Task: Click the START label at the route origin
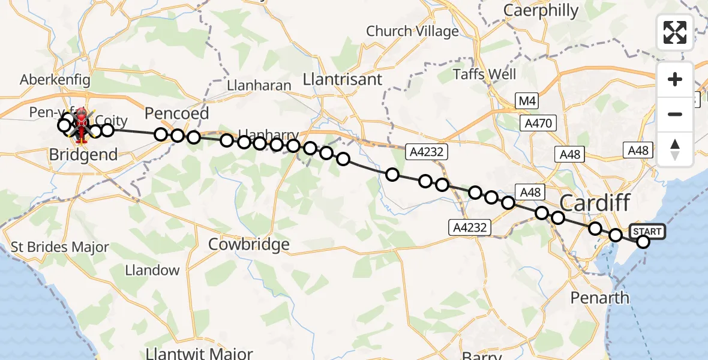click(x=647, y=232)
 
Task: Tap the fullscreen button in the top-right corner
click(x=675, y=32)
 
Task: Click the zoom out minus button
click(x=675, y=114)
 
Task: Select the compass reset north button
click(x=675, y=149)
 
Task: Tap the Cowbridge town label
click(x=248, y=244)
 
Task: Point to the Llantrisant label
click(x=343, y=79)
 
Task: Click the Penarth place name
click(x=600, y=298)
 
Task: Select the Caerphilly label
click(x=541, y=11)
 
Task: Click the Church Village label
click(x=412, y=31)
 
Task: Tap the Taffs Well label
click(x=484, y=74)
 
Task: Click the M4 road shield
click(x=526, y=101)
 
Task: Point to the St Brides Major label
click(x=60, y=247)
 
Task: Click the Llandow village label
click(x=152, y=270)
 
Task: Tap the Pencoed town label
click(x=177, y=113)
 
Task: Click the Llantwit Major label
click(x=199, y=353)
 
